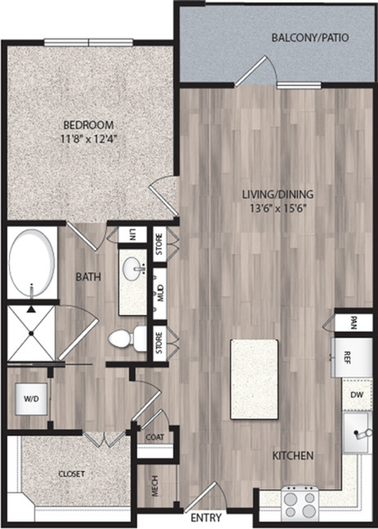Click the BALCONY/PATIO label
(310, 38)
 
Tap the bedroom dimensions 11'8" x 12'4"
(89, 138)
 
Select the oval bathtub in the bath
(31, 263)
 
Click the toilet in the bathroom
(127, 336)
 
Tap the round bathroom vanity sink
(135, 269)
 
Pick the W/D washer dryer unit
(31, 398)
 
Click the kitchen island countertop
(255, 380)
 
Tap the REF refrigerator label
(346, 358)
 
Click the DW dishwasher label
(357, 395)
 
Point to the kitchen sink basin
(356, 433)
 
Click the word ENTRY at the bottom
(206, 518)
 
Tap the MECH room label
(155, 487)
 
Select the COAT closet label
(155, 438)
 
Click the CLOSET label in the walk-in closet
(72, 473)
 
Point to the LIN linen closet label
(131, 234)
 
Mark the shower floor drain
(31, 333)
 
